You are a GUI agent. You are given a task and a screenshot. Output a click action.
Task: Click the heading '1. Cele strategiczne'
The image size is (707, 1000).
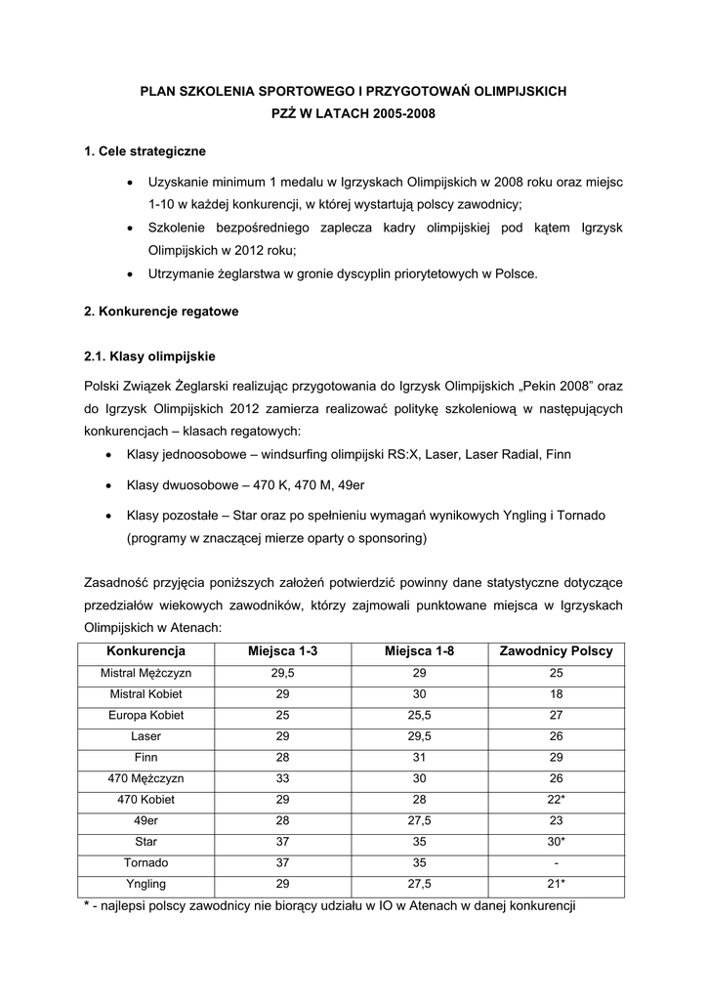(x=146, y=151)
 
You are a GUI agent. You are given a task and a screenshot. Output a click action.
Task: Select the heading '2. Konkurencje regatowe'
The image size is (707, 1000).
(x=161, y=312)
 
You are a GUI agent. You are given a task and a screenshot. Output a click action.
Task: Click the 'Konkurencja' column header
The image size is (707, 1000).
(x=146, y=651)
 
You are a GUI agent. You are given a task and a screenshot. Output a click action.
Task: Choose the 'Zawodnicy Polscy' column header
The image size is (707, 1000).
(x=556, y=651)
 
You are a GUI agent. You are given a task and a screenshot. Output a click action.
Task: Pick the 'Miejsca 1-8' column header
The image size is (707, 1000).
(x=419, y=651)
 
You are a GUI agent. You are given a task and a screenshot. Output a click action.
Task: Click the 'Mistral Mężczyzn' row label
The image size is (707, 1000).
(x=146, y=674)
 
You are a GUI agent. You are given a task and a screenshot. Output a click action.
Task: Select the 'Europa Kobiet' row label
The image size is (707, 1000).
(x=146, y=716)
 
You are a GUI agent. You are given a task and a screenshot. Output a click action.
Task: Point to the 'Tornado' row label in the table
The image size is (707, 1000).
(x=146, y=862)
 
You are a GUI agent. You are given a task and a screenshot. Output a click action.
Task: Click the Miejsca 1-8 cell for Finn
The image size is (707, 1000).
(x=419, y=758)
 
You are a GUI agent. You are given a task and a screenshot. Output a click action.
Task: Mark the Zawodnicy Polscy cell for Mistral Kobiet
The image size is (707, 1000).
(x=556, y=694)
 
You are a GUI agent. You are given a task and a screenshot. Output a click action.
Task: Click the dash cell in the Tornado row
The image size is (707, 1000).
(x=556, y=862)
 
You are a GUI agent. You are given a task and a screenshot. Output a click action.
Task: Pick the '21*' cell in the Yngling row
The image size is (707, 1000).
(x=556, y=884)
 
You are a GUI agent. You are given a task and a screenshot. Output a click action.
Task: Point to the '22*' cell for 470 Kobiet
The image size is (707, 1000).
(x=556, y=800)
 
